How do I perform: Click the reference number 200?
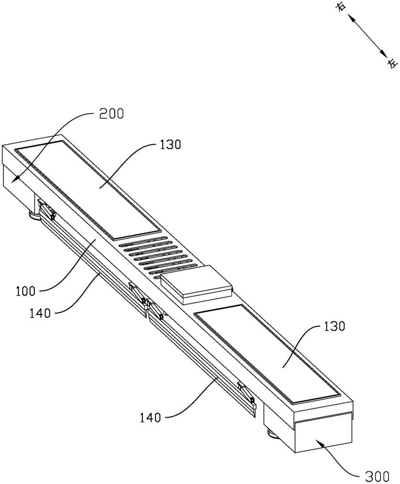point(111,114)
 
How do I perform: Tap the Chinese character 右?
point(342,7)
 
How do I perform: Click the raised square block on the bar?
point(196,285)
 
